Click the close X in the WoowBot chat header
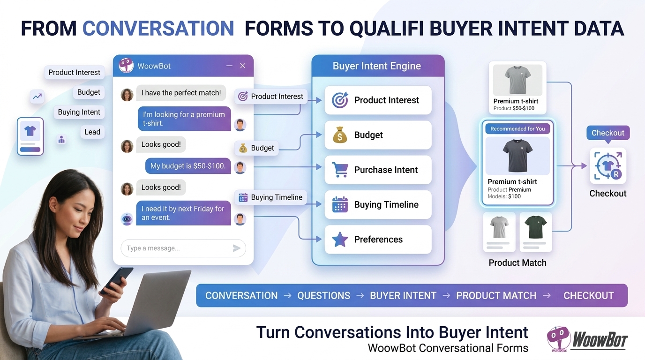pos(243,66)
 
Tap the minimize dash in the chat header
pos(229,66)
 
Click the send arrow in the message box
pos(236,248)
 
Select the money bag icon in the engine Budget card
pos(340,135)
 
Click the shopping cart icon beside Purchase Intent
pos(340,170)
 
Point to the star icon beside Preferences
pos(340,240)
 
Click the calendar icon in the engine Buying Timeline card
pos(340,204)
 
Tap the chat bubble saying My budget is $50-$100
pos(188,166)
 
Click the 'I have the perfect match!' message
pos(181,93)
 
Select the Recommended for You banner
pos(517,129)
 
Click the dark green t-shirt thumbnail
pos(536,227)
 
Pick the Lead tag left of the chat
pos(92,132)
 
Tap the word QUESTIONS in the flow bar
pos(323,295)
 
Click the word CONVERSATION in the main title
pos(158,28)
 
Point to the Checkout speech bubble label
pos(608,133)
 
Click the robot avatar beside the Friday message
pos(127,219)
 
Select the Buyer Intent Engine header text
pos(376,66)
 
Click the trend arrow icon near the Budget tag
pos(37,97)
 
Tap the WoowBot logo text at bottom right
pos(600,340)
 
